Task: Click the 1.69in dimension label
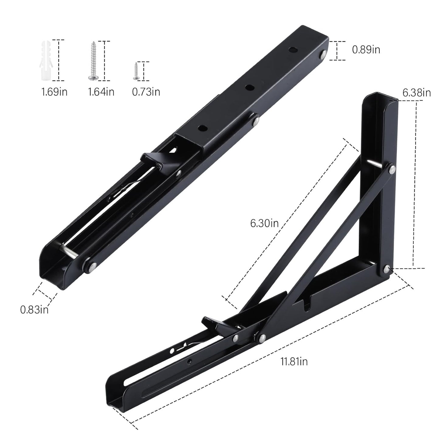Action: click(54, 91)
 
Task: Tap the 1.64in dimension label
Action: click(101, 91)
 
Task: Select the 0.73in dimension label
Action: click(146, 91)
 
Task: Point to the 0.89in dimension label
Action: click(366, 50)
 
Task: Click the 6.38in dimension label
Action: click(417, 93)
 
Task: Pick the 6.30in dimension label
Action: click(264, 223)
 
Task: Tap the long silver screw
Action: click(92, 61)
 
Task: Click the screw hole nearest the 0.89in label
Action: click(293, 50)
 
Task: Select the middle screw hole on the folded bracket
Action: click(250, 87)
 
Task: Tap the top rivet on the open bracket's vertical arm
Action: click(392, 167)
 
